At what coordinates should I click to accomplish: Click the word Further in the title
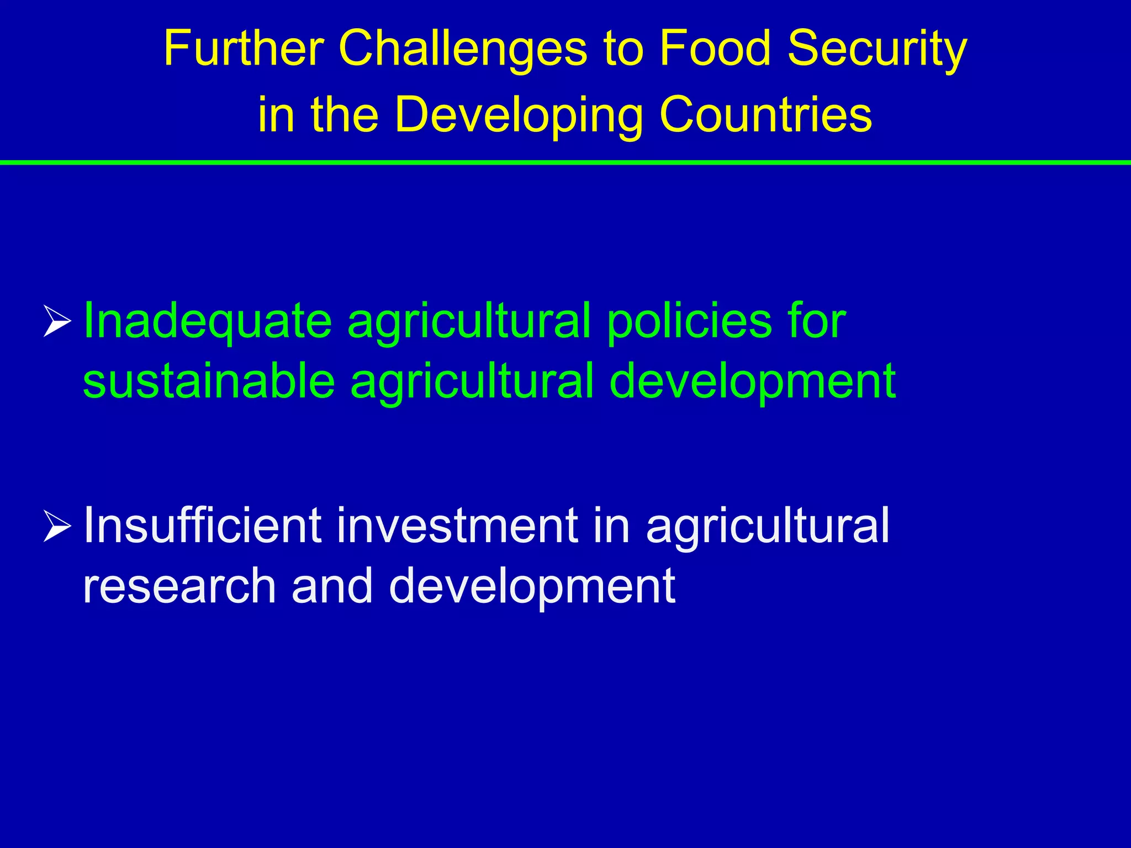pos(243,49)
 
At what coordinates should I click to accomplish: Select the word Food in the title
pos(715,49)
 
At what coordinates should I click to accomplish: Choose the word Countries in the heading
pos(765,115)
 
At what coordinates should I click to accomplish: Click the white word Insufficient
pos(202,525)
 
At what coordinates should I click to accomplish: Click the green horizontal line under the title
pos(565,162)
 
